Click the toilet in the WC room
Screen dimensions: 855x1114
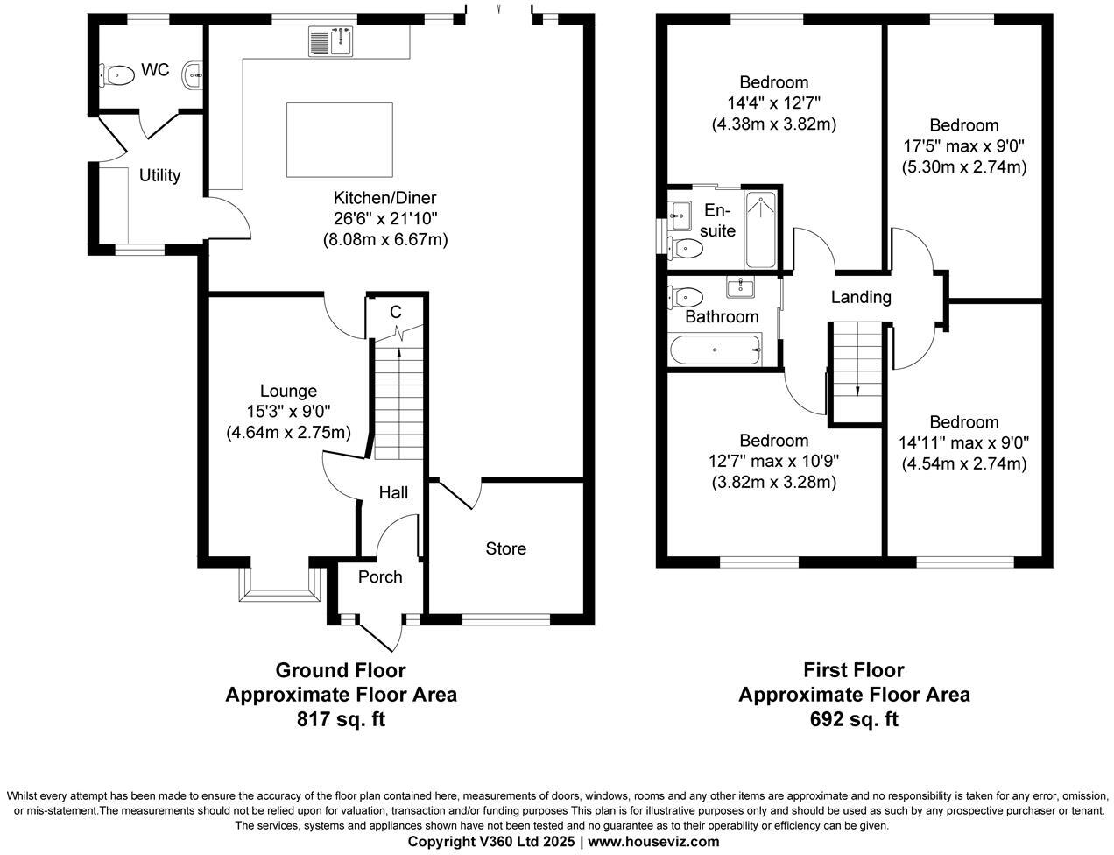tap(117, 75)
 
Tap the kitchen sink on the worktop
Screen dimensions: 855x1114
tap(329, 41)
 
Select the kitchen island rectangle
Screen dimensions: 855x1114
tap(340, 138)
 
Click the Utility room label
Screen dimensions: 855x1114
tap(159, 175)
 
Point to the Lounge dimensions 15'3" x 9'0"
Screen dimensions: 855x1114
tap(288, 411)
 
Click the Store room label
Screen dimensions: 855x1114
tap(506, 548)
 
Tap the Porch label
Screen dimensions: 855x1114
tap(380, 576)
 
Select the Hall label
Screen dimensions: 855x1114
tap(393, 493)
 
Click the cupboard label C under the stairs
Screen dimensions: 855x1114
tap(396, 312)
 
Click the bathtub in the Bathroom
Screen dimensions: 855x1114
tap(715, 350)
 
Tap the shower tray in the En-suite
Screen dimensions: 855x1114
tap(759, 230)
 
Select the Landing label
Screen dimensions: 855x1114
tap(861, 297)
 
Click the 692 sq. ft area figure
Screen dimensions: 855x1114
tap(854, 719)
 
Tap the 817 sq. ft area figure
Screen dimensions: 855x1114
tap(341, 719)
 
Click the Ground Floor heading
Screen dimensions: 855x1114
tap(341, 670)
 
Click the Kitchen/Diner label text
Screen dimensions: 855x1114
tap(384, 198)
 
